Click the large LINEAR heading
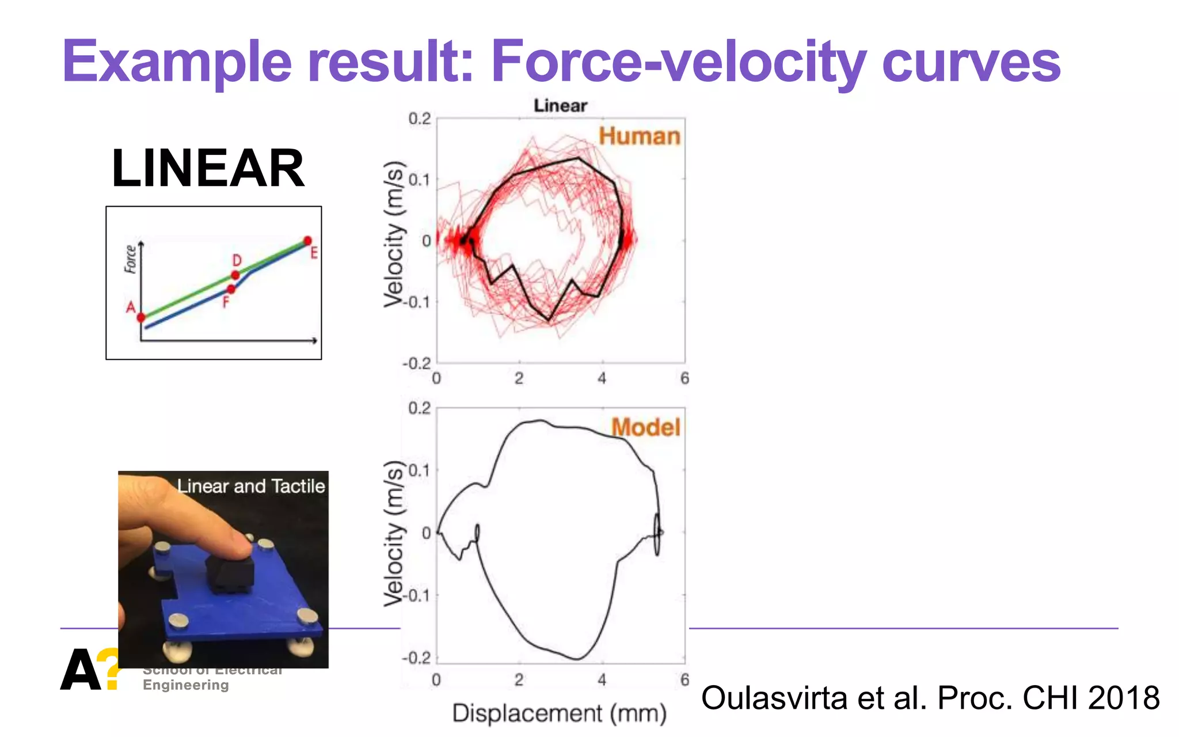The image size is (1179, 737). pyautogui.click(x=208, y=168)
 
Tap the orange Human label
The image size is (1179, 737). pyautogui.click(x=639, y=136)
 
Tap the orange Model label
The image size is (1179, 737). pyautogui.click(x=645, y=427)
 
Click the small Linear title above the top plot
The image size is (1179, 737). pyautogui.click(x=560, y=106)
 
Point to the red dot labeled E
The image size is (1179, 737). pyautogui.click(x=307, y=241)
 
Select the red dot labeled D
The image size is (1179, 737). pyautogui.click(x=235, y=275)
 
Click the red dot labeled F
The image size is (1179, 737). pyautogui.click(x=231, y=289)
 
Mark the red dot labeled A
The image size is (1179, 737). pyautogui.click(x=141, y=317)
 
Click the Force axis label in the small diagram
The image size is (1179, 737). pyautogui.click(x=131, y=259)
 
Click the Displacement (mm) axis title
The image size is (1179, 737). pyautogui.click(x=559, y=713)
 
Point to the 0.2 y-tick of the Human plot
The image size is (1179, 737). pyautogui.click(x=419, y=119)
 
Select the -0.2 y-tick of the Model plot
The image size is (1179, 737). pyautogui.click(x=416, y=658)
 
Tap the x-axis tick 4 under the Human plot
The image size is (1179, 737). pyautogui.click(x=602, y=378)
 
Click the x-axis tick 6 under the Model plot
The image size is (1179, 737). pyautogui.click(x=684, y=680)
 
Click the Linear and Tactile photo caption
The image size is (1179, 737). pyautogui.click(x=250, y=487)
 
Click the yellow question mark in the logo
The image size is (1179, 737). pyautogui.click(x=108, y=668)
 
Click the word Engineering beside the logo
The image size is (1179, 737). pyautogui.click(x=186, y=685)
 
